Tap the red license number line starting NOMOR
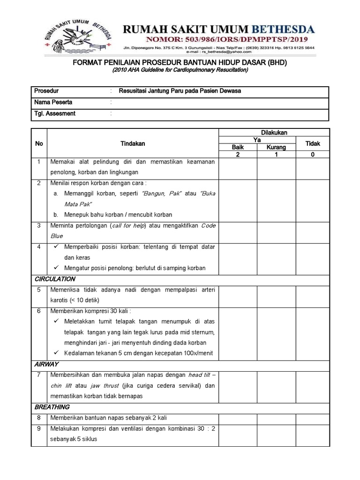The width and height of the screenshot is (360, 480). click(x=218, y=40)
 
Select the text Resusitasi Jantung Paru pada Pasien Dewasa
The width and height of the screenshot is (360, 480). click(x=180, y=91)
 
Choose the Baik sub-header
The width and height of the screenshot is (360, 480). click(x=238, y=147)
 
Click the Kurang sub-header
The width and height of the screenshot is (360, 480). click(x=277, y=147)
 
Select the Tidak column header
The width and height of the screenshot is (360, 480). click(x=313, y=143)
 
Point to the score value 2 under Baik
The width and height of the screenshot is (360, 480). click(x=238, y=154)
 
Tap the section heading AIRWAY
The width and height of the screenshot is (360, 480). click(x=46, y=364)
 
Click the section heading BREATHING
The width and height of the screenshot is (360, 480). click(x=52, y=407)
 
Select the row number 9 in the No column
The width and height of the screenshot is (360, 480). click(x=39, y=428)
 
